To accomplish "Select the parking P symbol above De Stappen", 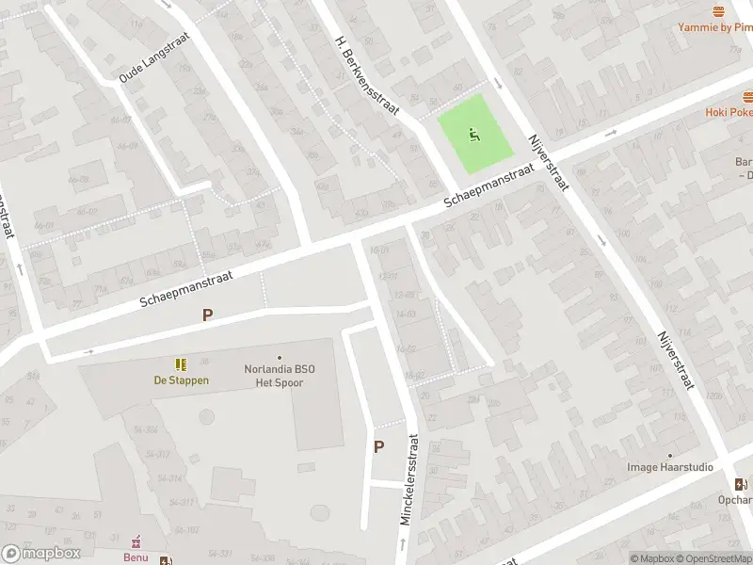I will (205, 317).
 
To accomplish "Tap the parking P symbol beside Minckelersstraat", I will (379, 447).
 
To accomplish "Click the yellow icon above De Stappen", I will (180, 364).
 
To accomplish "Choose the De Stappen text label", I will (181, 380).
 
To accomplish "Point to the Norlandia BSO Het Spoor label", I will (280, 375).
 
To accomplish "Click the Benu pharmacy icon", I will (136, 541).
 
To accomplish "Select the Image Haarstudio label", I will (670, 467).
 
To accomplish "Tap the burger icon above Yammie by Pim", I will (719, 11).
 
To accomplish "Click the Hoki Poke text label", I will (729, 112).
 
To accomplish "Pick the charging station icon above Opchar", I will (742, 484).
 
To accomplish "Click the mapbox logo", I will (41, 553).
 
